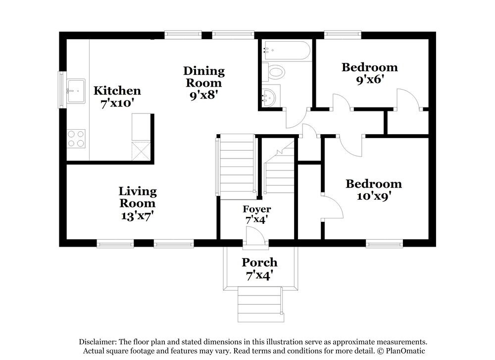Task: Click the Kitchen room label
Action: click(117, 91)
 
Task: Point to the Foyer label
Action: click(256, 209)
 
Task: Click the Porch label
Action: click(259, 262)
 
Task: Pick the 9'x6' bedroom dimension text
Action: click(369, 79)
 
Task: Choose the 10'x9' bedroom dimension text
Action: click(373, 196)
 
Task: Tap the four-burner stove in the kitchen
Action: click(76, 138)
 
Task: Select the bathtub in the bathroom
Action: click(286, 51)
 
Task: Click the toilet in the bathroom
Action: click(274, 73)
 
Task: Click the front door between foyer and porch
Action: click(255, 240)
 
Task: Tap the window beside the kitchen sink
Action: click(62, 89)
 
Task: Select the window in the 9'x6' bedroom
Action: click(342, 35)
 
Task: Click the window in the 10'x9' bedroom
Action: click(384, 243)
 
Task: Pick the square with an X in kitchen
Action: click(141, 150)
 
